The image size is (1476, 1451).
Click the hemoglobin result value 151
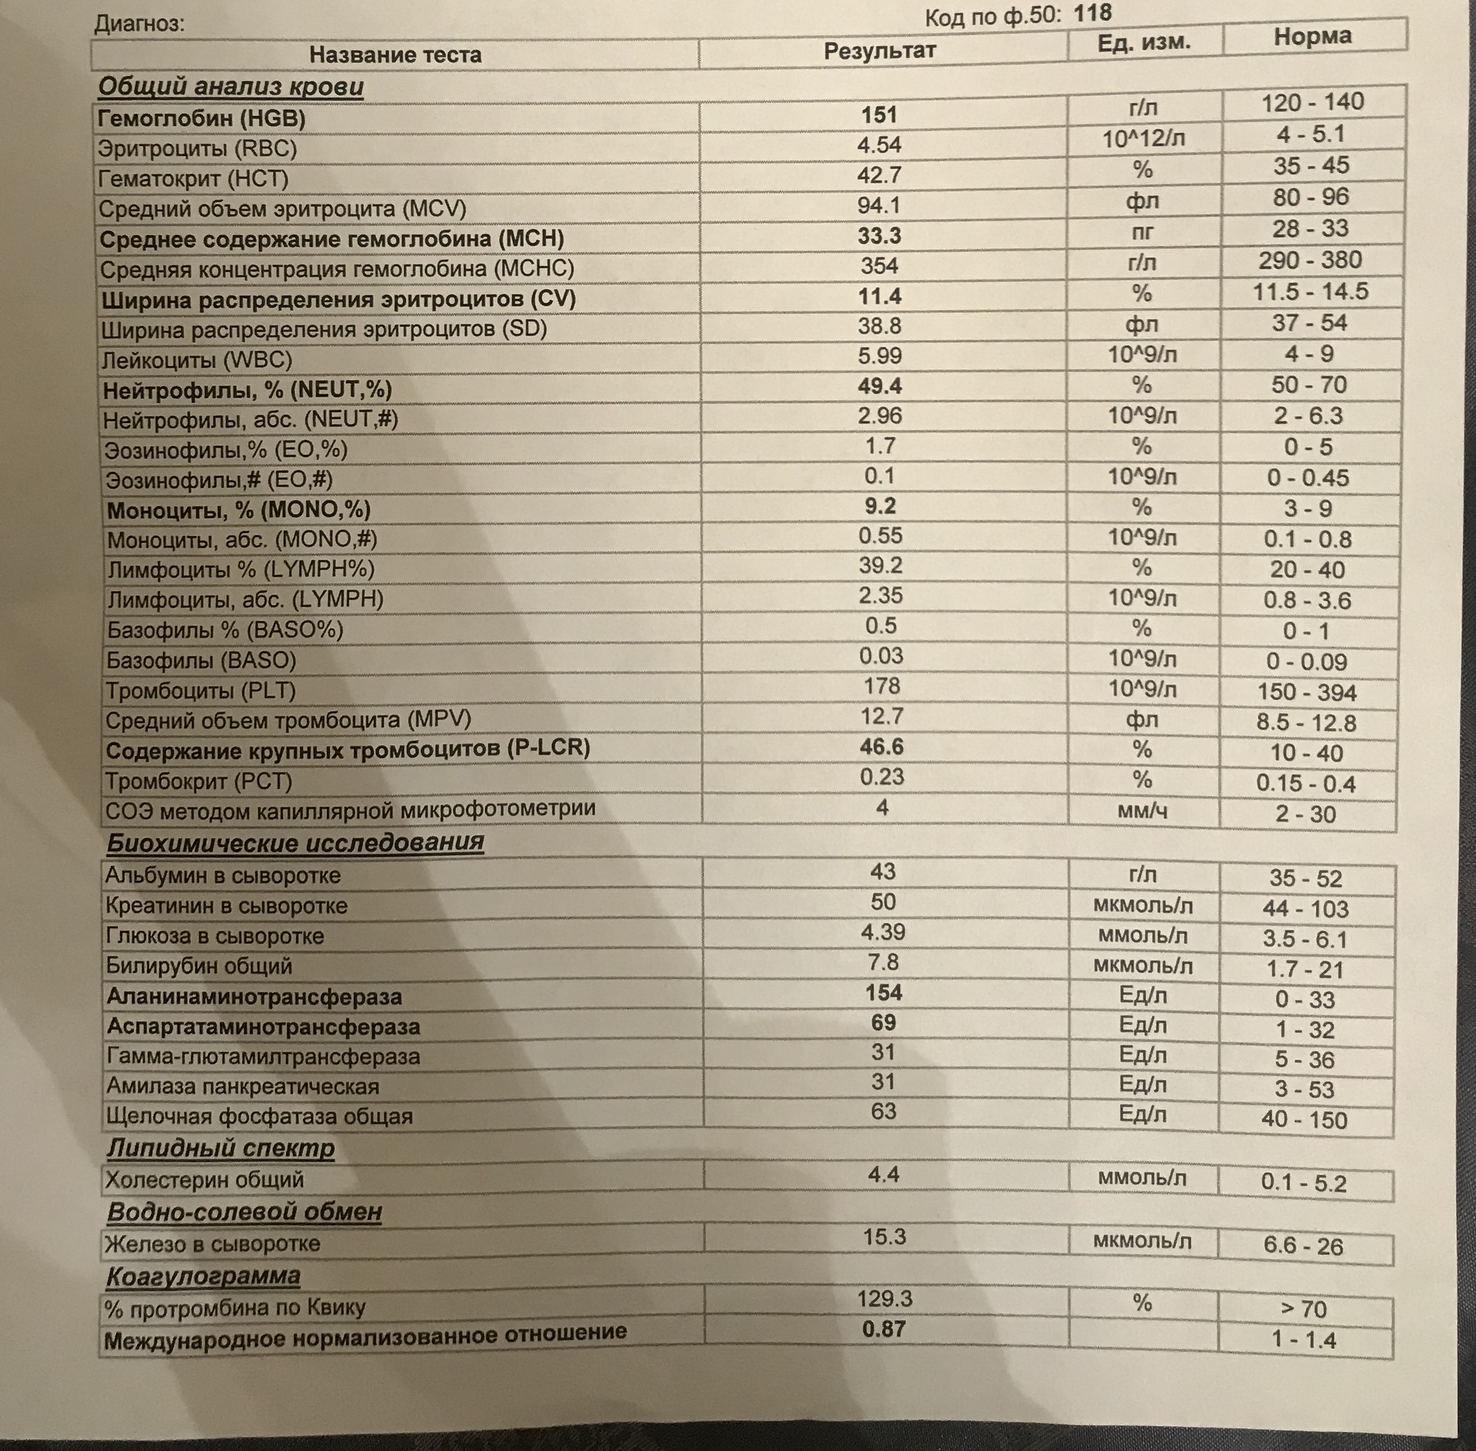[x=879, y=115]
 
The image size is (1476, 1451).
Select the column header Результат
[x=879, y=51]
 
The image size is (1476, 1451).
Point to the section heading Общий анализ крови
[x=230, y=86]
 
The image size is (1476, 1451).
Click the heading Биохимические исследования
[x=295, y=842]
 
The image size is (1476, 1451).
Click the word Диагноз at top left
[x=139, y=24]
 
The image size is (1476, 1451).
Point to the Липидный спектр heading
[x=220, y=1147]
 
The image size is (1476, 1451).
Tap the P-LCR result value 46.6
[x=881, y=746]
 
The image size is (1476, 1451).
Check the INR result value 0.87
[x=884, y=1329]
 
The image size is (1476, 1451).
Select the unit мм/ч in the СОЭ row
[x=1142, y=810]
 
